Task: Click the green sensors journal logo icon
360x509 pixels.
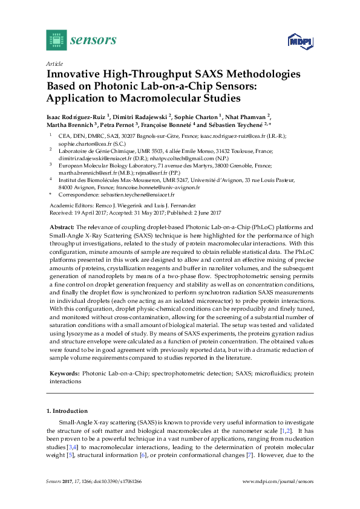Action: point(55,41)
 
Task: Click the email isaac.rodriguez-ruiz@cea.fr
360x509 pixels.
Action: point(258,137)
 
